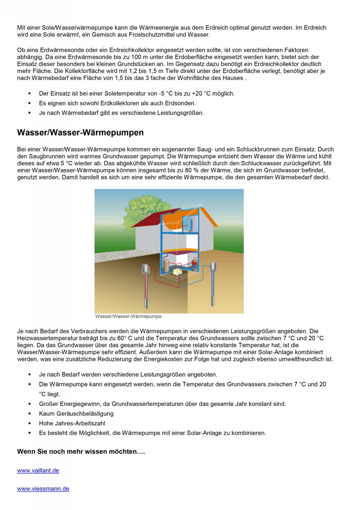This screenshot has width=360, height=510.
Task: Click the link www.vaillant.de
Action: (38, 470)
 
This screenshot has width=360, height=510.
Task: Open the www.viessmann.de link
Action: (43, 489)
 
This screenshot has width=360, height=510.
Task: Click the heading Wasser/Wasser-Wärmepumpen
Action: (80, 132)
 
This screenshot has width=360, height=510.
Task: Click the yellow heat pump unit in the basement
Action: (178, 272)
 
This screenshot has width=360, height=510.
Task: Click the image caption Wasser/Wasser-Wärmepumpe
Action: (128, 316)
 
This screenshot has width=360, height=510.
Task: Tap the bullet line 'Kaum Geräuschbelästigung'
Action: (76, 413)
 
